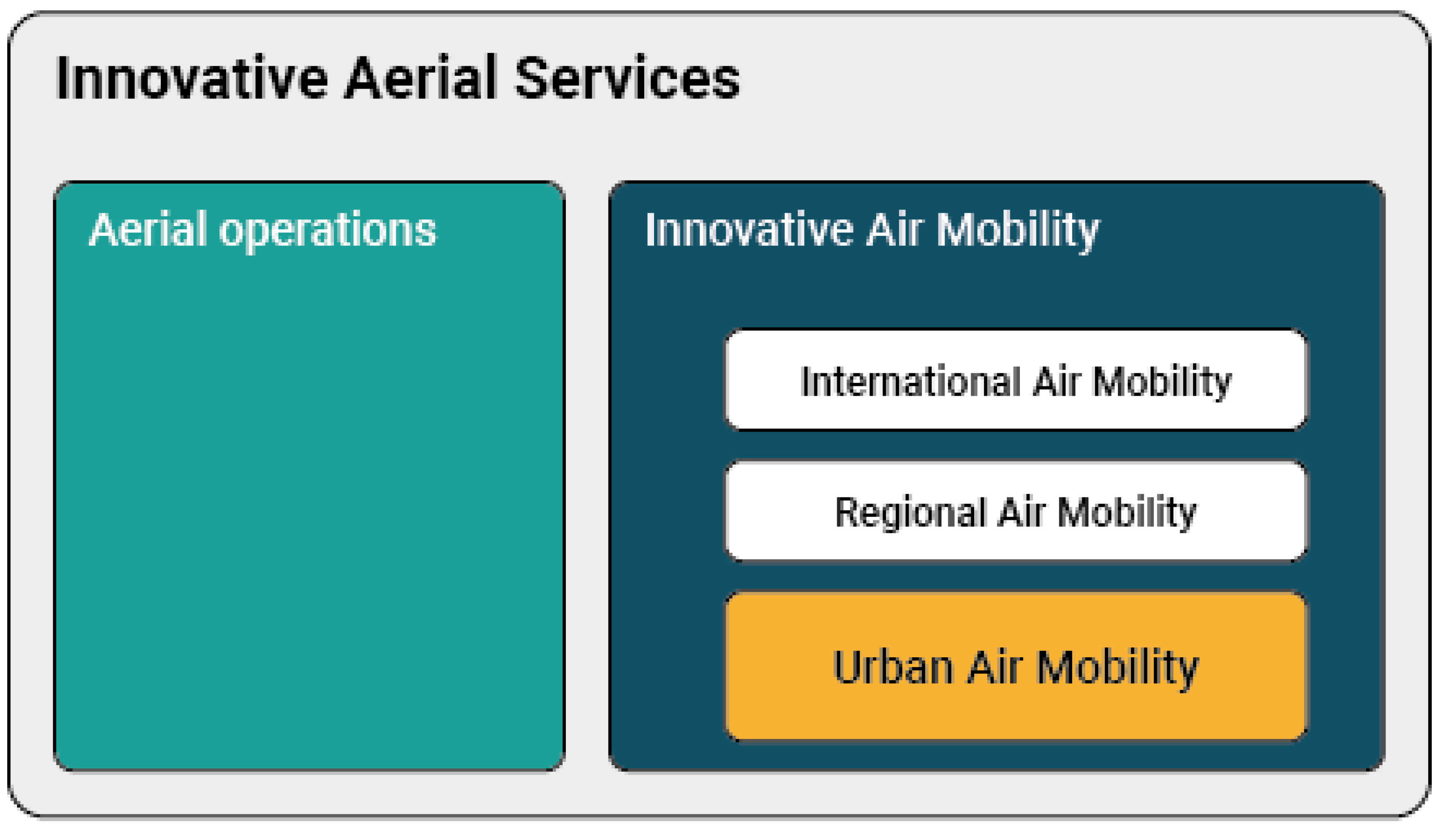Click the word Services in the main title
pos(627,78)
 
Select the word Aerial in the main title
pos(421,78)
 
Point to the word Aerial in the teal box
pos(147,229)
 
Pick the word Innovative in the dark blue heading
pos(749,229)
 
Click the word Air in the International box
pos(1056,381)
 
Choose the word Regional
pos(911,514)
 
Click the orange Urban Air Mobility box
pos(1016,667)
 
